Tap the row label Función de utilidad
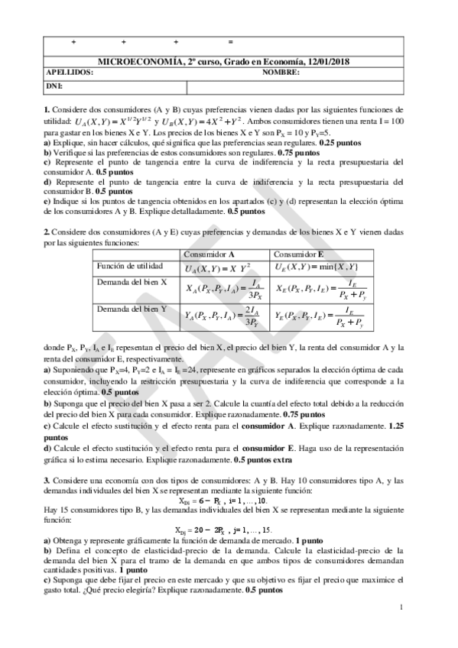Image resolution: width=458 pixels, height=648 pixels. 126,266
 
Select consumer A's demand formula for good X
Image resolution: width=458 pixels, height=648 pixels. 225,290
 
